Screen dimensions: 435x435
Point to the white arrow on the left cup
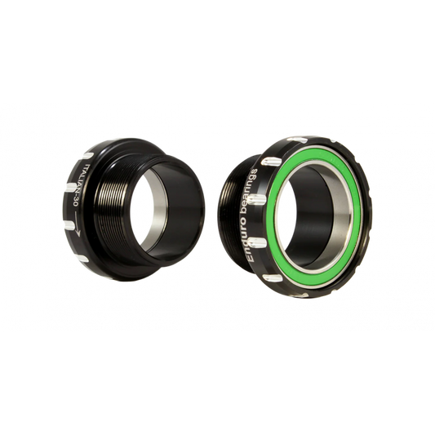(x=77, y=224)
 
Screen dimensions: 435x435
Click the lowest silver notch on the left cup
(x=82, y=259)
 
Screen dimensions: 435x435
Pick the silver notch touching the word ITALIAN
(x=72, y=188)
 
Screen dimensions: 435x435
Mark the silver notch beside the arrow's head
(x=69, y=225)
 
